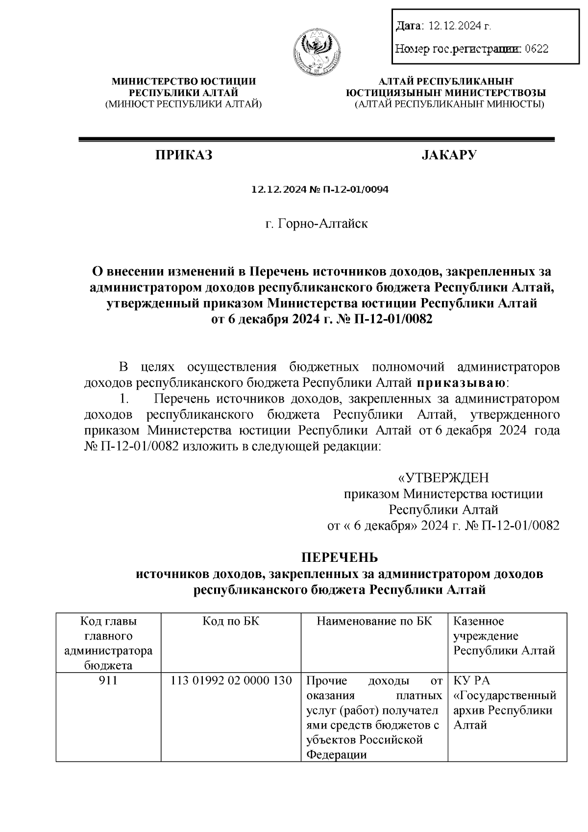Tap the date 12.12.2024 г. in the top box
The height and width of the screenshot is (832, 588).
pyautogui.click(x=459, y=25)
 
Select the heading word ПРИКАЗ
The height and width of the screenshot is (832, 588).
pyautogui.click(x=184, y=155)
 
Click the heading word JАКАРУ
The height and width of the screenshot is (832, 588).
pyautogui.click(x=449, y=155)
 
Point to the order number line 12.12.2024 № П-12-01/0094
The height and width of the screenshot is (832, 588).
pyautogui.click(x=319, y=190)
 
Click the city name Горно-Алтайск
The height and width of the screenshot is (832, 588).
pyautogui.click(x=323, y=224)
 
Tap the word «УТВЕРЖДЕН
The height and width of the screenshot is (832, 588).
pyautogui.click(x=443, y=478)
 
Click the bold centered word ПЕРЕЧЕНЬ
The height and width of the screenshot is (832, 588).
pyautogui.click(x=339, y=558)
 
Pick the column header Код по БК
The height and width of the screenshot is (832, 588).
pyautogui.click(x=231, y=621)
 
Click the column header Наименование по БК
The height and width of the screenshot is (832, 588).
pyautogui.click(x=374, y=621)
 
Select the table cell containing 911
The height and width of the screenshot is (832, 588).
pyautogui.click(x=108, y=681)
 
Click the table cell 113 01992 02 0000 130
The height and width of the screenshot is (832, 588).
pyautogui.click(x=231, y=681)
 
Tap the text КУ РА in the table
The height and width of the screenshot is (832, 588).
pyautogui.click(x=472, y=681)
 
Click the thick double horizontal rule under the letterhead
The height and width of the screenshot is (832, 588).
pyautogui.click(x=317, y=140)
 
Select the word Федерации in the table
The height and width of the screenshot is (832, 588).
pyautogui.click(x=337, y=755)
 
